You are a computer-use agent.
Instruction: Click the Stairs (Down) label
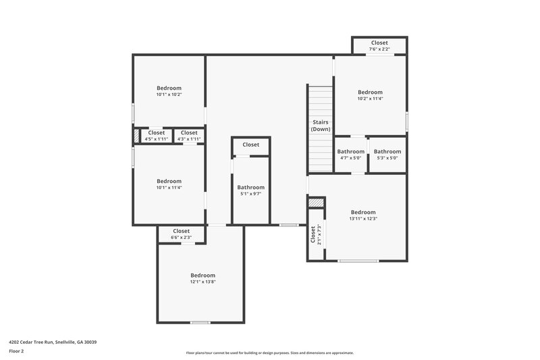(321, 125)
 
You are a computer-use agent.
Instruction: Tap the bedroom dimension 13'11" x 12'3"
(363, 219)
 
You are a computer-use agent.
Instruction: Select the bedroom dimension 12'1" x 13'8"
(202, 282)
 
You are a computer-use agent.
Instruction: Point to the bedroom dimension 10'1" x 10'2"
(169, 95)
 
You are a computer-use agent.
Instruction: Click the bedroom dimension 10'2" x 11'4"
(370, 99)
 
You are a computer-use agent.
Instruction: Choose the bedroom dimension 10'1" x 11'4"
(169, 188)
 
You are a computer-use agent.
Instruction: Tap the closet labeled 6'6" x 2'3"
(181, 238)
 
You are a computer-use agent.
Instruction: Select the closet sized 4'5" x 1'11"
(156, 139)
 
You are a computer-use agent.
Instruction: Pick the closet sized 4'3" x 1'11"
(189, 139)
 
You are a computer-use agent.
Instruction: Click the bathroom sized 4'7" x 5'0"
(351, 158)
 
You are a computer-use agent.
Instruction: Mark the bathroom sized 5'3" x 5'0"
(387, 158)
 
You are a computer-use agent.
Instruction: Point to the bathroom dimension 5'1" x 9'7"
(250, 194)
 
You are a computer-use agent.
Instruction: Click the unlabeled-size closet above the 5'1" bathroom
(251, 145)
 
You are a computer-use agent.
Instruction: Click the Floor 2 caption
(16, 351)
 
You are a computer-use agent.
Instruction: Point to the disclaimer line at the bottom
(270, 353)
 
